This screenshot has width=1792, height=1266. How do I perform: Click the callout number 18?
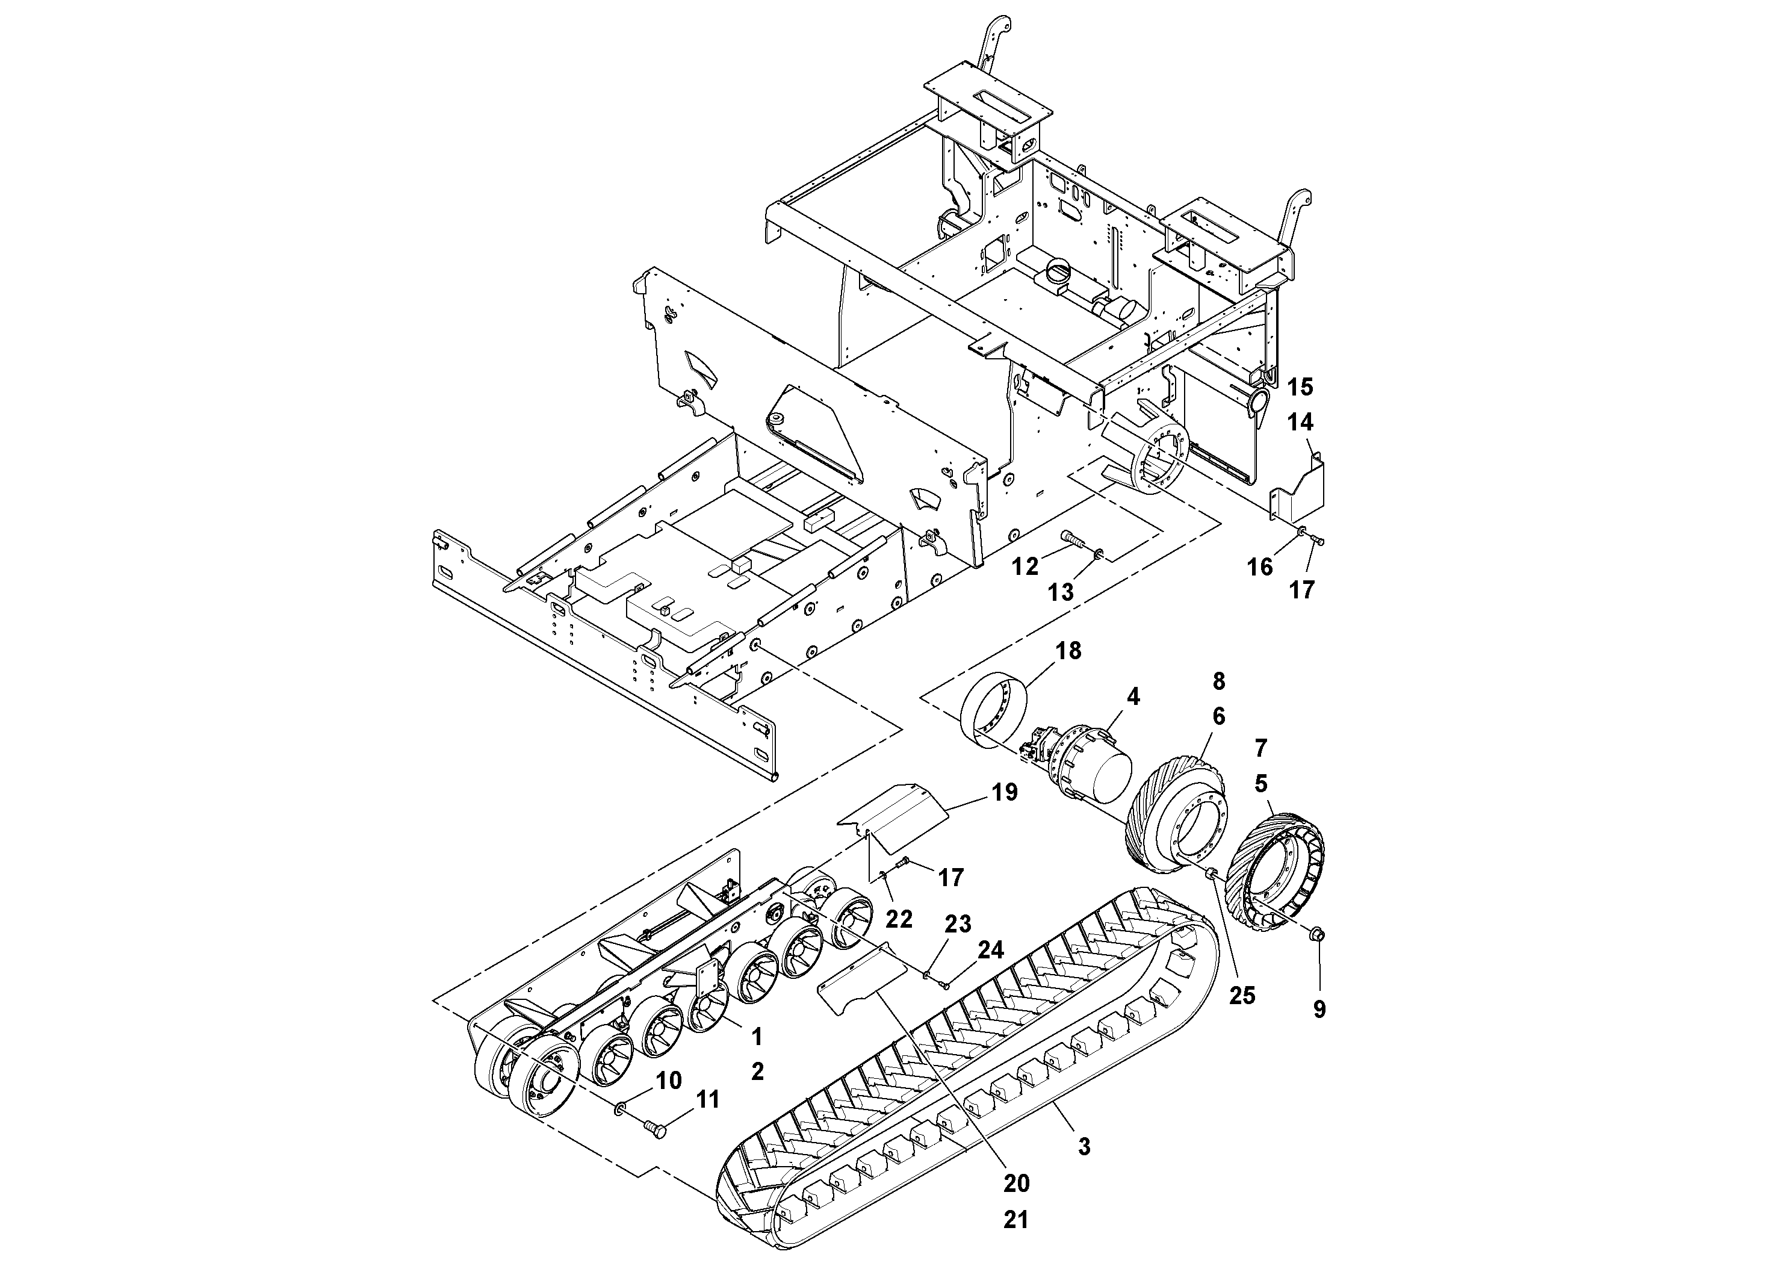pos(1068,651)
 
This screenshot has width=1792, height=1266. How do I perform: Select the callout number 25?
pos(1242,995)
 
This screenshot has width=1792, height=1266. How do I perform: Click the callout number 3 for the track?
pos(1084,1147)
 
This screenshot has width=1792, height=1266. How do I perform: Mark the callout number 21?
pos(1015,1219)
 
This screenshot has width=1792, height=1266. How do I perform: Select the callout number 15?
pos(1300,387)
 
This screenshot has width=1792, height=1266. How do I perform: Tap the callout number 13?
pos(1060,592)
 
